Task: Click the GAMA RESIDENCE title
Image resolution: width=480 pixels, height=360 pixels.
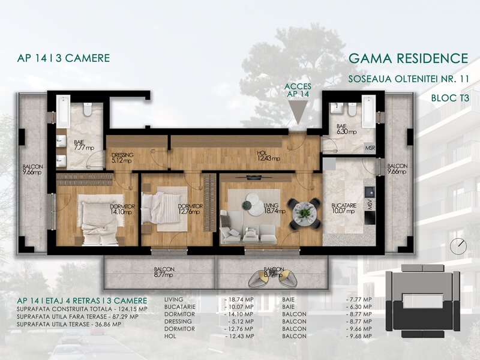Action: click(x=409, y=58)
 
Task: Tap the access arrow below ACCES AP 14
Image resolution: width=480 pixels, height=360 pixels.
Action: click(x=298, y=112)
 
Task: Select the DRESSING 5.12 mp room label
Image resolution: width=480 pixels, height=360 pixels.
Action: click(x=122, y=158)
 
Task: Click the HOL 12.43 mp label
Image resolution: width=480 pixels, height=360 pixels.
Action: click(x=268, y=156)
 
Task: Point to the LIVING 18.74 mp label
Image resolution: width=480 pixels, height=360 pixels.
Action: click(x=274, y=208)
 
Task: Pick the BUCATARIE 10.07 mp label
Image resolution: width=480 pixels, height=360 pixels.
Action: click(x=343, y=208)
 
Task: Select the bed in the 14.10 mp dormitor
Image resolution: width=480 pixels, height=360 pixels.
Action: click(x=100, y=220)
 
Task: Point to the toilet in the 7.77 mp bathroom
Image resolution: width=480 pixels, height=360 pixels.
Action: click(x=88, y=110)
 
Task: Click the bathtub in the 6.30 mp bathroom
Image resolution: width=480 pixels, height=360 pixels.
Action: click(x=368, y=112)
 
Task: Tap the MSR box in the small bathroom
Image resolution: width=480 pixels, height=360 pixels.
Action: click(x=370, y=148)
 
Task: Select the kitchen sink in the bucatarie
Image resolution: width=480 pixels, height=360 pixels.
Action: click(x=370, y=192)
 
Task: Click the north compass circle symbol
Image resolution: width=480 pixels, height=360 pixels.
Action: click(x=458, y=246)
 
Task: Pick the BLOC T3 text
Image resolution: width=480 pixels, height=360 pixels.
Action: click(x=450, y=98)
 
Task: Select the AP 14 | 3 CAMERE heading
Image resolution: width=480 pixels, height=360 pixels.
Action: click(x=64, y=58)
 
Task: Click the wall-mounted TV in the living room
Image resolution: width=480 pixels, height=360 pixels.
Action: click(x=254, y=177)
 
